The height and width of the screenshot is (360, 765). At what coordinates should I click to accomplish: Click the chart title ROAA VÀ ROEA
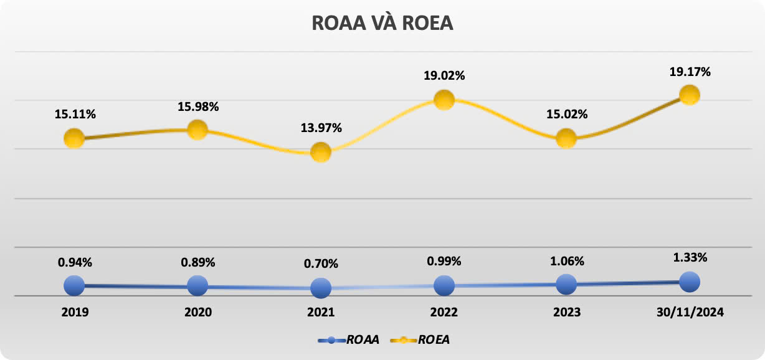(x=382, y=23)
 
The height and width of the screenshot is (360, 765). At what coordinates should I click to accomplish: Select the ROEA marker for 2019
(x=74, y=138)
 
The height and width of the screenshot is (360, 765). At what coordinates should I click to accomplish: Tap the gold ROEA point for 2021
(x=321, y=151)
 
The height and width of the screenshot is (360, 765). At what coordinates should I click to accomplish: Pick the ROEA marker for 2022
(x=444, y=100)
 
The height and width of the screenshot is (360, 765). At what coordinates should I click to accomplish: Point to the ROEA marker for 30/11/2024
(x=690, y=95)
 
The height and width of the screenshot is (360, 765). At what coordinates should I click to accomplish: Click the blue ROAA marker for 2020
(x=197, y=286)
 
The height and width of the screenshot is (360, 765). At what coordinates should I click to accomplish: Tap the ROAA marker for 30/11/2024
(x=690, y=282)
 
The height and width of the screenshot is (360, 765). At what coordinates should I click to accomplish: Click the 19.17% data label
(x=690, y=72)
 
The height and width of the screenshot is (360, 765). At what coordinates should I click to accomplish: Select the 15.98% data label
(x=197, y=107)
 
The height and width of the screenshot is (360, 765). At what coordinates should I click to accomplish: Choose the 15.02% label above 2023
(x=566, y=115)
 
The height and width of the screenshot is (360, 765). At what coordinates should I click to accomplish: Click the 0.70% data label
(x=321, y=263)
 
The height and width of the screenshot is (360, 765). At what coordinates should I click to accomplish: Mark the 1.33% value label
(x=690, y=257)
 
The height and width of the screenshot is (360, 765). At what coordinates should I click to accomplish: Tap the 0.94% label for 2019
(x=75, y=262)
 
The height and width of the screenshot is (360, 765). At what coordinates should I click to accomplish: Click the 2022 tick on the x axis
(x=444, y=312)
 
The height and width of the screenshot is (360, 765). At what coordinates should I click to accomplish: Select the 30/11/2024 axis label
(x=690, y=312)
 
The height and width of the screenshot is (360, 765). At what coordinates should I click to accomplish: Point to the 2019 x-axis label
(x=75, y=312)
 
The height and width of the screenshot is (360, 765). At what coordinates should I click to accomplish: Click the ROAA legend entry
(x=349, y=340)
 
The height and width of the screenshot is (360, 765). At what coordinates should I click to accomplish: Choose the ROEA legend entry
(x=421, y=340)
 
